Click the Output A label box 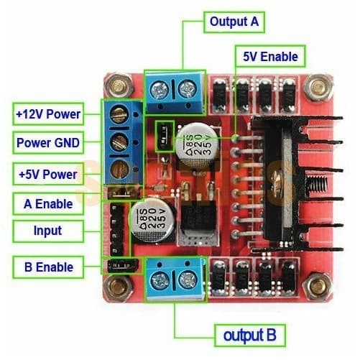[x=234, y=22]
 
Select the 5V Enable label [x=269, y=55]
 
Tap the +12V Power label [x=48, y=114]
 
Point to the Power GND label [x=48, y=142]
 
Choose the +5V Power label [x=48, y=173]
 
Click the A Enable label [x=48, y=204]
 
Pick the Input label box [x=48, y=231]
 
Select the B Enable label [x=48, y=267]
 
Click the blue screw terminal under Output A [x=175, y=90]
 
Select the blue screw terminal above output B [x=175, y=276]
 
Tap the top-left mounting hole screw [x=116, y=88]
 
